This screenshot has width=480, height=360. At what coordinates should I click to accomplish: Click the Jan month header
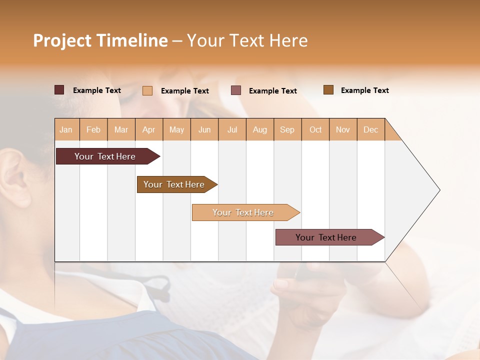click(66, 129)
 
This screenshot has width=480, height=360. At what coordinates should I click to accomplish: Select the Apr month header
click(148, 129)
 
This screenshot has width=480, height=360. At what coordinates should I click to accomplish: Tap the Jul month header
click(232, 129)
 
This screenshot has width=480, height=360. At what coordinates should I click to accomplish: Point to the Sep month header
click(287, 129)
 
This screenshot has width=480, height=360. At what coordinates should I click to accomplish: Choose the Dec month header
click(370, 129)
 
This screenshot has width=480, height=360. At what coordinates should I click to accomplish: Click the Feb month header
click(93, 129)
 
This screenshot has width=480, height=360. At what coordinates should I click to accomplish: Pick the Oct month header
click(315, 129)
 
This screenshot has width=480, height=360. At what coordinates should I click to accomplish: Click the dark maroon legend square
click(59, 90)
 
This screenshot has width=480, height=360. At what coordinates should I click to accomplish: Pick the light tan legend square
click(147, 90)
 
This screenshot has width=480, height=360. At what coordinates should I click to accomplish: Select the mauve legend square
click(236, 90)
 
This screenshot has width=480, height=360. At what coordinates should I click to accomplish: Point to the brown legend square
click(328, 90)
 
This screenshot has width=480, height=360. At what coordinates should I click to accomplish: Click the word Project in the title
click(62, 40)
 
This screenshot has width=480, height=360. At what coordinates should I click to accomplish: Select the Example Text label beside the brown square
click(364, 90)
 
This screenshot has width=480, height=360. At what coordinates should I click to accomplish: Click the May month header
click(176, 129)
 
